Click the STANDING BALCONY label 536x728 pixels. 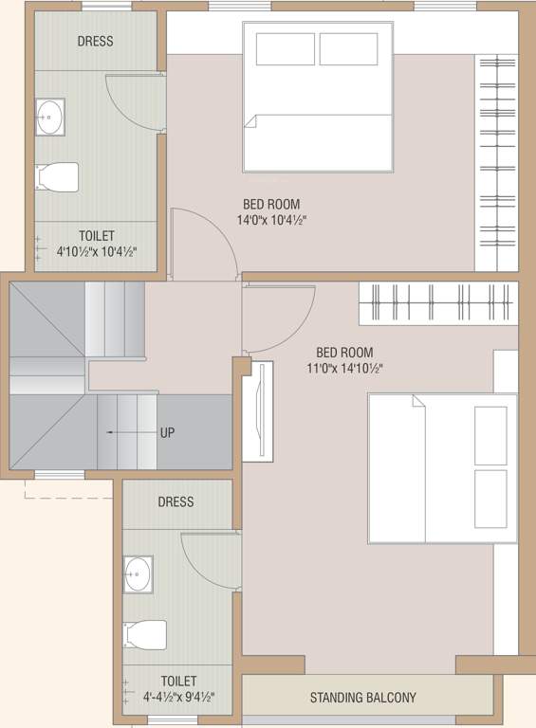click(362, 699)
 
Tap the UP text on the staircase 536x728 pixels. click(167, 432)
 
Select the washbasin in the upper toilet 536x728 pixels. click(49, 118)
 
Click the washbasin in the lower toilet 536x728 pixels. click(138, 574)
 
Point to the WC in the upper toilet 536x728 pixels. click(57, 177)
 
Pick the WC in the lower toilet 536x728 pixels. click(144, 634)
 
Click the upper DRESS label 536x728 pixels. click(95, 41)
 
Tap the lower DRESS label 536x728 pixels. click(176, 501)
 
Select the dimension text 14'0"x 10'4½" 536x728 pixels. click(271, 220)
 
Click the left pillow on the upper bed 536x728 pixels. click(285, 49)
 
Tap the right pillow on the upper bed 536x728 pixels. click(348, 49)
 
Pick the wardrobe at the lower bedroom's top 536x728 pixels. click(437, 302)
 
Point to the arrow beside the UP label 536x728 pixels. click(129, 432)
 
